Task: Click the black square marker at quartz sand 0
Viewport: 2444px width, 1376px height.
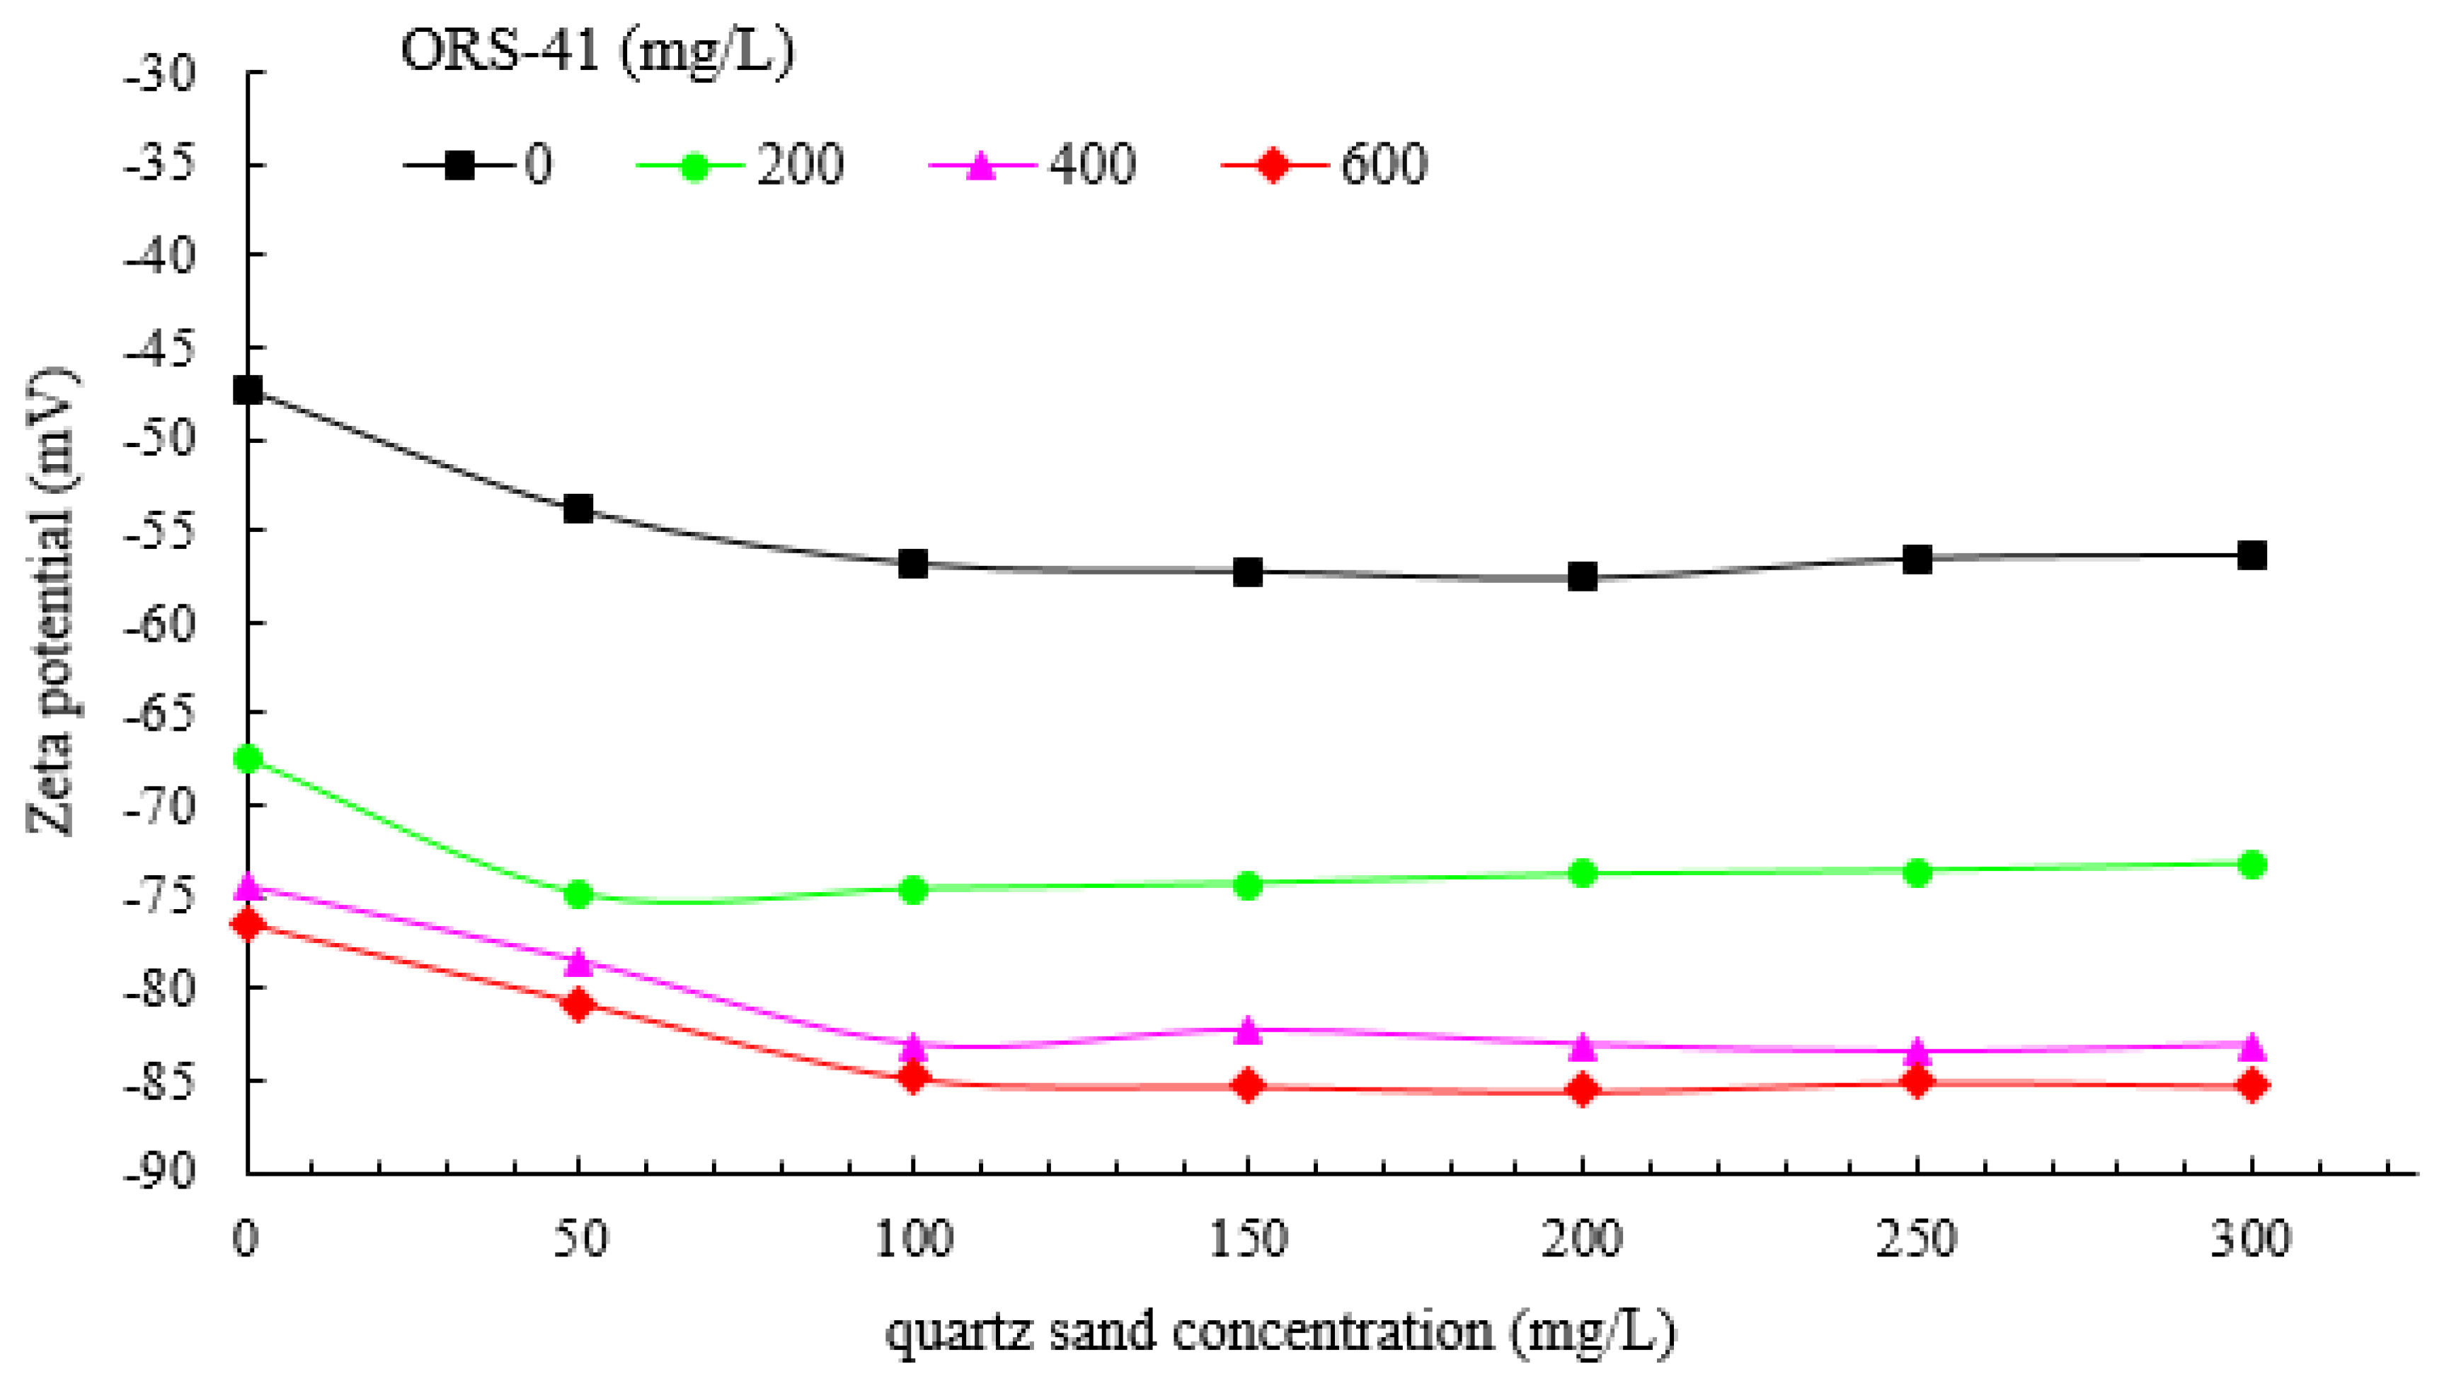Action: click(248, 390)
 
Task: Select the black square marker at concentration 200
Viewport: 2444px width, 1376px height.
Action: click(1583, 577)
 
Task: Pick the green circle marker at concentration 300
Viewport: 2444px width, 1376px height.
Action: click(2251, 864)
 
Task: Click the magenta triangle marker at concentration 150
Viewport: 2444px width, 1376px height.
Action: click(1248, 1031)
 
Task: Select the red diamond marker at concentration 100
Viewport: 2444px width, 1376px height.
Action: click(913, 1078)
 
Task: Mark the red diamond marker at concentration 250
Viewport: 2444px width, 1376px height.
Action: click(1917, 1082)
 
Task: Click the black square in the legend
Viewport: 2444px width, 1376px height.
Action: click(460, 165)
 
